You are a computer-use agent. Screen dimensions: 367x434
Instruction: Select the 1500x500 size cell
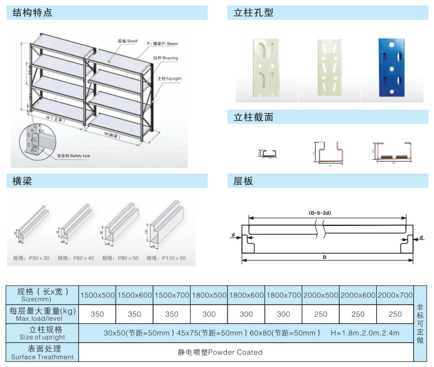(97, 295)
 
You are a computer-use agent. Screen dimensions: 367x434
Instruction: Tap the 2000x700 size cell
(395, 295)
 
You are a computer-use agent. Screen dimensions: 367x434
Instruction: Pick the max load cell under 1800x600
(246, 314)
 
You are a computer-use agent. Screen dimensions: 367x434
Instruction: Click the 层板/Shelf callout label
(128, 41)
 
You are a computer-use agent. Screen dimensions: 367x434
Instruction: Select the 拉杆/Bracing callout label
(166, 58)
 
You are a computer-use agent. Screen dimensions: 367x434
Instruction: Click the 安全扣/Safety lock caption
(73, 156)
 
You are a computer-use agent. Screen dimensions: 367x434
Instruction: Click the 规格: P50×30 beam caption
(31, 258)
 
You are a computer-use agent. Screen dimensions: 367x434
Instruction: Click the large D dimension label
(324, 257)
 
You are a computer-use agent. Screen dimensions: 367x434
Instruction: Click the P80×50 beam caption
(120, 258)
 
